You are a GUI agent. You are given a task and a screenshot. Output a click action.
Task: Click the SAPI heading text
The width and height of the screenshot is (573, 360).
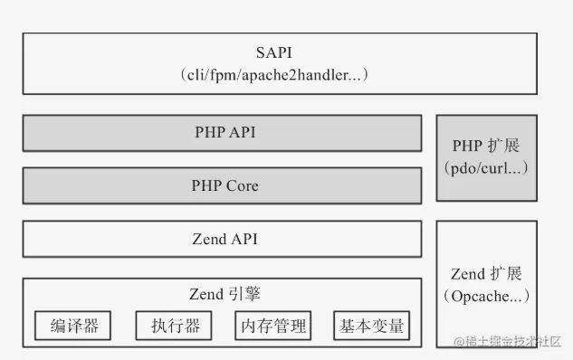pos(274,52)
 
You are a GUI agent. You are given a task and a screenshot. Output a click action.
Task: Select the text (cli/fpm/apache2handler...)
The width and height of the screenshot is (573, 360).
pos(274,75)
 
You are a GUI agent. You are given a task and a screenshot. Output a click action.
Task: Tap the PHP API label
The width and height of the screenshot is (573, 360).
pos(225,132)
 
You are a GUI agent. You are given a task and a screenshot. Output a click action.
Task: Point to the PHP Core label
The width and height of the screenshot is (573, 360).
pos(225,185)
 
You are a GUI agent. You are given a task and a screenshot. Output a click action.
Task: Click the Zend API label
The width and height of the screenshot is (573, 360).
pos(225,239)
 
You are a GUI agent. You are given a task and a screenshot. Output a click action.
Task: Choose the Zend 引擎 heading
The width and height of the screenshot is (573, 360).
pos(225,294)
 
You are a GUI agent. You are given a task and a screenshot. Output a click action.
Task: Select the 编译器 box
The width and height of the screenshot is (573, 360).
pos(72,326)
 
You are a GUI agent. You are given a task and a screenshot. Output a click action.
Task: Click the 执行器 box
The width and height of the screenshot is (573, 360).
pos(174,326)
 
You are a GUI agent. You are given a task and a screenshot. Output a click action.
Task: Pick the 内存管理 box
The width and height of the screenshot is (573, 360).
pos(273,326)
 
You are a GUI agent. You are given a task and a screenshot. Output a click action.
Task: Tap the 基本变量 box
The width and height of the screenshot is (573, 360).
pos(372,326)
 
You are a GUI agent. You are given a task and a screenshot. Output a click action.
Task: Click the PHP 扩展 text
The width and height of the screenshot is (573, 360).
pos(486,146)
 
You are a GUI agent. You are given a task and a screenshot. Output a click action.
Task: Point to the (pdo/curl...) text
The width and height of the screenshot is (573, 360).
pos(486,168)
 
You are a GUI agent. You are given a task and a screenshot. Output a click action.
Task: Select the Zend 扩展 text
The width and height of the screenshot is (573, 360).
pos(486,274)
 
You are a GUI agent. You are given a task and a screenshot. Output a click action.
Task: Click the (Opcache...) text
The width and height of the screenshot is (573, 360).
pos(486,296)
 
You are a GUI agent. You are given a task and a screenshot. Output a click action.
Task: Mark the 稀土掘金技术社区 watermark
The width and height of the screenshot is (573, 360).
pos(507,342)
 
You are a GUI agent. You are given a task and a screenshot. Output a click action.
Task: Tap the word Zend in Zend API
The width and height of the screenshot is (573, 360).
pos(208,239)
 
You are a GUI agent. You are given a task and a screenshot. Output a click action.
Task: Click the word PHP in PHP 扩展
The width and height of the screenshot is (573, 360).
pos(467,146)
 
